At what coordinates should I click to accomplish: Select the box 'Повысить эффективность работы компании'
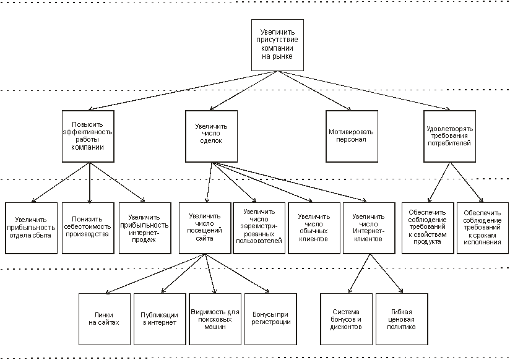pos(87,136)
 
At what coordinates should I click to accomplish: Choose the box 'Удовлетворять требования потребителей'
pos(450,136)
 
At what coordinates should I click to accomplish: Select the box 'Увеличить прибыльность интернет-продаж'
pos(144,228)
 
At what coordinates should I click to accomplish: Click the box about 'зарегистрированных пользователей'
pos(259,228)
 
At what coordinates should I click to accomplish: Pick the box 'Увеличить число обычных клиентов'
pos(313,228)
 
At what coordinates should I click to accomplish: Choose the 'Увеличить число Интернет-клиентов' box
pos(368,228)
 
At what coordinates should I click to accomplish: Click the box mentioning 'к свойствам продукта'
pos(426,228)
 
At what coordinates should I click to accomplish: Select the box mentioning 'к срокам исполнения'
pos(481,228)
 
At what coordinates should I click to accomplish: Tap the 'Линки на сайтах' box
pos(104,318)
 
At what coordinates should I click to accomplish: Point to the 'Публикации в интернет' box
pos(159,318)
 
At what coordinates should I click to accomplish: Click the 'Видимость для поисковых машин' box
pos(214,318)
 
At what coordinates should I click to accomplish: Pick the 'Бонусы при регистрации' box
pos(268,318)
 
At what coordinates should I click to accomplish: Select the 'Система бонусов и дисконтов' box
pos(346,318)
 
